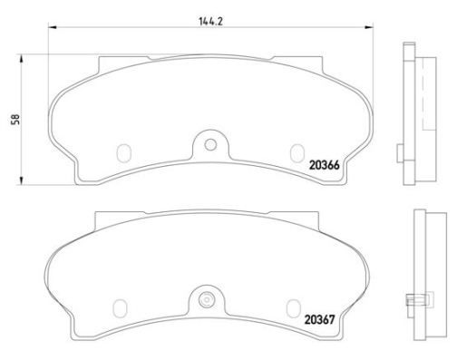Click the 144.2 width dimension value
(210, 22)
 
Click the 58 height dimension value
(15, 119)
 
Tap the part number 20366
(325, 165)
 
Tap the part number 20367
(319, 319)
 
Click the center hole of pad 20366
(210, 145)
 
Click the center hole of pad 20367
(206, 300)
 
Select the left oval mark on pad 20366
(124, 153)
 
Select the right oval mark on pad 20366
(297, 153)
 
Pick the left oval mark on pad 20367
(120, 308)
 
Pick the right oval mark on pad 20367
(294, 308)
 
